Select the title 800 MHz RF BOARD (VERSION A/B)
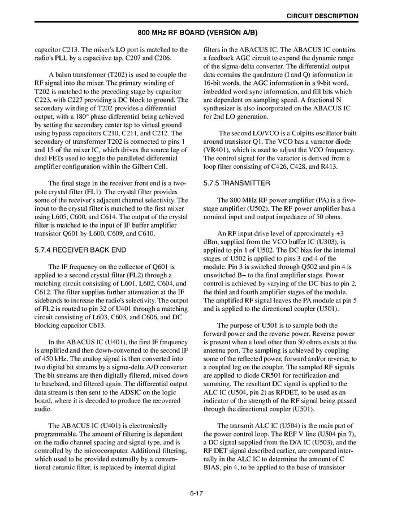point(196,33)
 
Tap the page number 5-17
point(196,493)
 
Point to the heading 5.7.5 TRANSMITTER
point(237,183)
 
